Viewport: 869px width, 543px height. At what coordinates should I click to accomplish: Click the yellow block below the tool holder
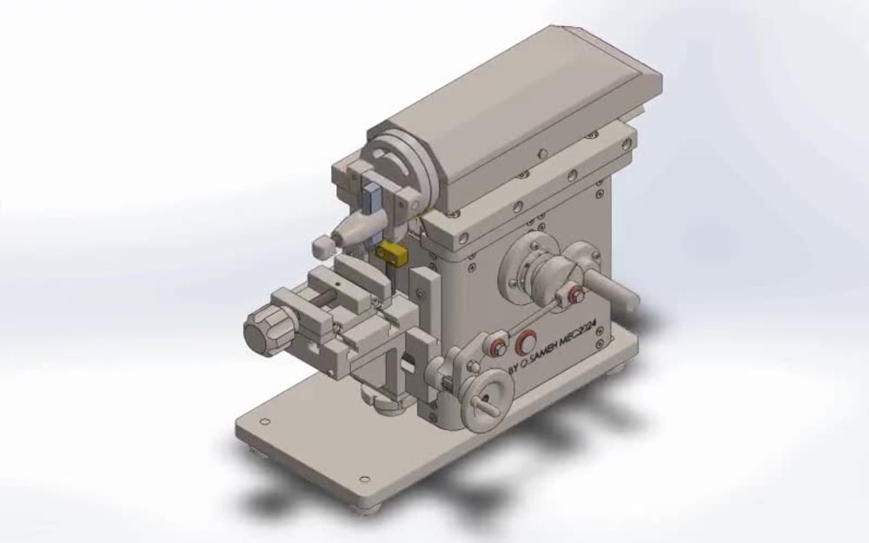pos(392,253)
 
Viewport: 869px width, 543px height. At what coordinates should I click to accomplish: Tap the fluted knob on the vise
pos(264,329)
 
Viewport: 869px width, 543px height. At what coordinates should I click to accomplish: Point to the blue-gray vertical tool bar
pos(372,201)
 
